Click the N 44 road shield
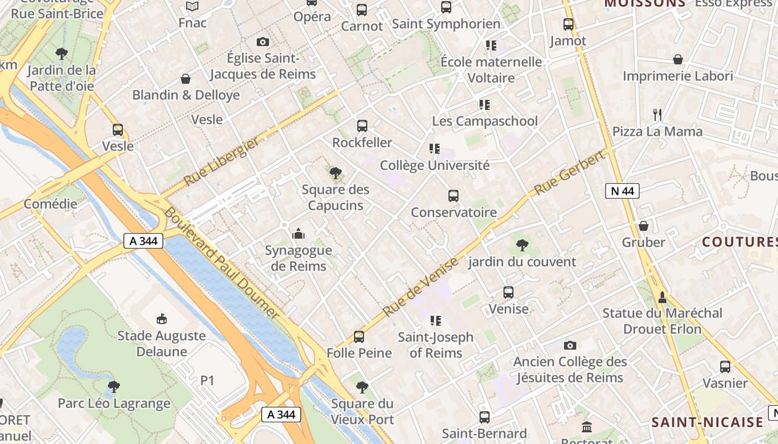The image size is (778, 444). tap(622, 191)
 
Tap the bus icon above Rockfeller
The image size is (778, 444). tap(362, 126)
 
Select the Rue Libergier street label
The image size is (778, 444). tap(221, 162)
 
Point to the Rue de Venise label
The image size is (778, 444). tap(421, 286)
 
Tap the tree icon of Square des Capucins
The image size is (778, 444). tap(335, 173)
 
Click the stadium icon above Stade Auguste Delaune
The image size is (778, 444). tap(162, 319)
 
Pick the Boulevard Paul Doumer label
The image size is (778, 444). tap(221, 263)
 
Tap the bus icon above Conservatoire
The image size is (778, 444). tap(453, 196)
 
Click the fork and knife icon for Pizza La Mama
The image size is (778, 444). tap(657, 115)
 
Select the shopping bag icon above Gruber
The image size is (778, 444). tap(644, 226)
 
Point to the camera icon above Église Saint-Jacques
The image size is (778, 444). tap(263, 42)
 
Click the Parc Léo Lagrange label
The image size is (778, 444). tap(114, 403)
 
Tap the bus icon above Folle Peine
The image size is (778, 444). tap(359, 336)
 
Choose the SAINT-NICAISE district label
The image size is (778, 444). tap(707, 422)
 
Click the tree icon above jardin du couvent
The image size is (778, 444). tap(522, 245)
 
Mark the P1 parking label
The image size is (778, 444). tap(207, 381)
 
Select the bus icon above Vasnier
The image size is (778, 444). tap(725, 366)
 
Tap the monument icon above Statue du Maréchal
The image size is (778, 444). tap(662, 297)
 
